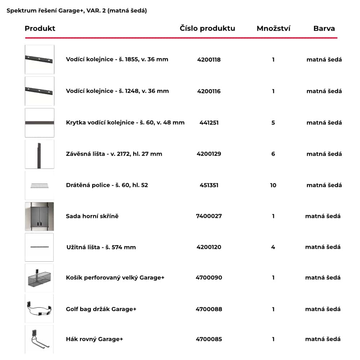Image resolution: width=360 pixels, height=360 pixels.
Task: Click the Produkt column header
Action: (40, 28)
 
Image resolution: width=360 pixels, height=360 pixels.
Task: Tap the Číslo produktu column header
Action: (207, 28)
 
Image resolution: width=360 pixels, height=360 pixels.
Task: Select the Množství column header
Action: (273, 28)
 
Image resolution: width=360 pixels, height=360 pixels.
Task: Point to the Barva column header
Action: (324, 28)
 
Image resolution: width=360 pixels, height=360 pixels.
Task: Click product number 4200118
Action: (209, 60)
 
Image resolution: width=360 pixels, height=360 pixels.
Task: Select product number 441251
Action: (209, 123)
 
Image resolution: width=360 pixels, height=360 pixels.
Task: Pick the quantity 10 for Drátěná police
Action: (273, 185)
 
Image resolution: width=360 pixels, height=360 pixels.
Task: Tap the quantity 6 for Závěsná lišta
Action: (273, 154)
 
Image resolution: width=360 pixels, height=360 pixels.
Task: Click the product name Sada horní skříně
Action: (92, 216)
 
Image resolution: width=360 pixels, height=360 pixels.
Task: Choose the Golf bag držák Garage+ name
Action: (101, 309)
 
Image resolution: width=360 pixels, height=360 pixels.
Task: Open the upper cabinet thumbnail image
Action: (39, 216)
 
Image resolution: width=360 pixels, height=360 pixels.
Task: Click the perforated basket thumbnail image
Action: (39, 278)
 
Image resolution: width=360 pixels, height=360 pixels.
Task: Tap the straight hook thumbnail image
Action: (39, 339)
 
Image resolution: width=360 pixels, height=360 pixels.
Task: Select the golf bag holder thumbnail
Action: (39, 309)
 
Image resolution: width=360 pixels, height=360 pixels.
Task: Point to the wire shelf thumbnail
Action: (39, 185)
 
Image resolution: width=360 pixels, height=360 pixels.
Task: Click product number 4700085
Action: (209, 339)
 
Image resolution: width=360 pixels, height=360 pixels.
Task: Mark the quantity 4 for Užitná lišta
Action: (273, 247)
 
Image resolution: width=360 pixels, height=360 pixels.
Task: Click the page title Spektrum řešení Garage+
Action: (77, 11)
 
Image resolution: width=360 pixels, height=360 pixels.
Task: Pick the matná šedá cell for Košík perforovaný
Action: (323, 278)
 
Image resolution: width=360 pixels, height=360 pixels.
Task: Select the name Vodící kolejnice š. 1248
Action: (117, 91)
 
